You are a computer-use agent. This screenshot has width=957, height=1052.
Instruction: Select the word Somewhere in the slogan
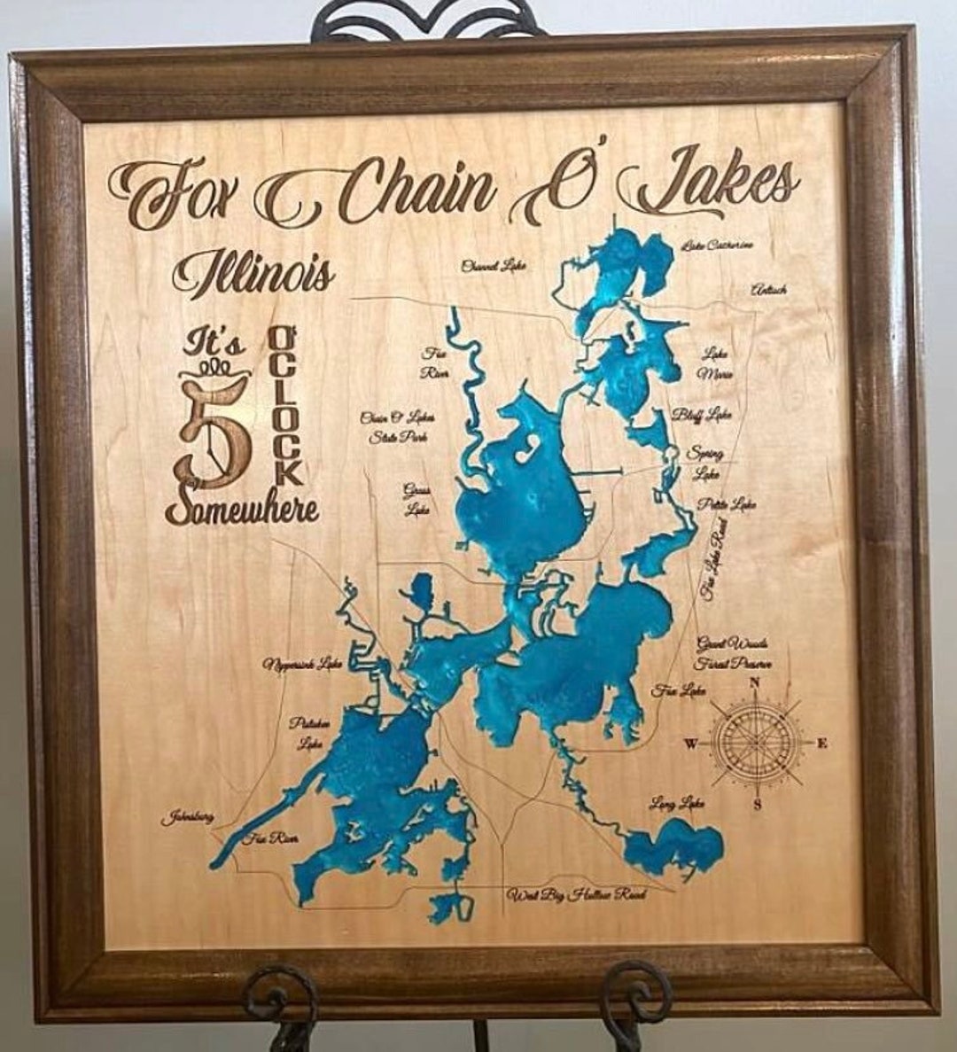pyautogui.click(x=241, y=508)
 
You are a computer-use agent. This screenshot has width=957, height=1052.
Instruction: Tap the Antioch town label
pyautogui.click(x=767, y=290)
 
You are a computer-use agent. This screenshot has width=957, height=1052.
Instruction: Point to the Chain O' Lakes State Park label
pyautogui.click(x=397, y=426)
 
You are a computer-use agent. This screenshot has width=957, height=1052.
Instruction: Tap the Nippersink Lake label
pyautogui.click(x=302, y=662)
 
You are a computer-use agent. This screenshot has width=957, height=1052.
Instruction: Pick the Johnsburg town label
pyautogui.click(x=187, y=817)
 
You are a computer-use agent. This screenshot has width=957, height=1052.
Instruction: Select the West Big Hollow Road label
pyautogui.click(x=576, y=894)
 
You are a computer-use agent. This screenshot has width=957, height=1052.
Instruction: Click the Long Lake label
pyautogui.click(x=677, y=804)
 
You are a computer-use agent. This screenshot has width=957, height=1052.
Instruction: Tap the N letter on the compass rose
pyautogui.click(x=755, y=682)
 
